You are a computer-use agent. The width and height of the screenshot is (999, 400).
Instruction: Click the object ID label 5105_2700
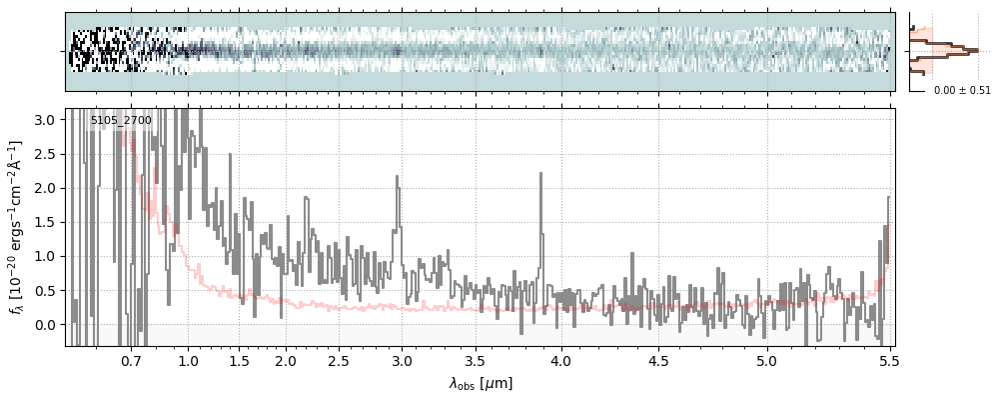pyautogui.click(x=121, y=121)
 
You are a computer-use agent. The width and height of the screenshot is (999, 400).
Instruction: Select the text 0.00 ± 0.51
pyautogui.click(x=962, y=91)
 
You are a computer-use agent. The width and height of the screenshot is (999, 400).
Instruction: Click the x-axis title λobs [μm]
pyautogui.click(x=481, y=383)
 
